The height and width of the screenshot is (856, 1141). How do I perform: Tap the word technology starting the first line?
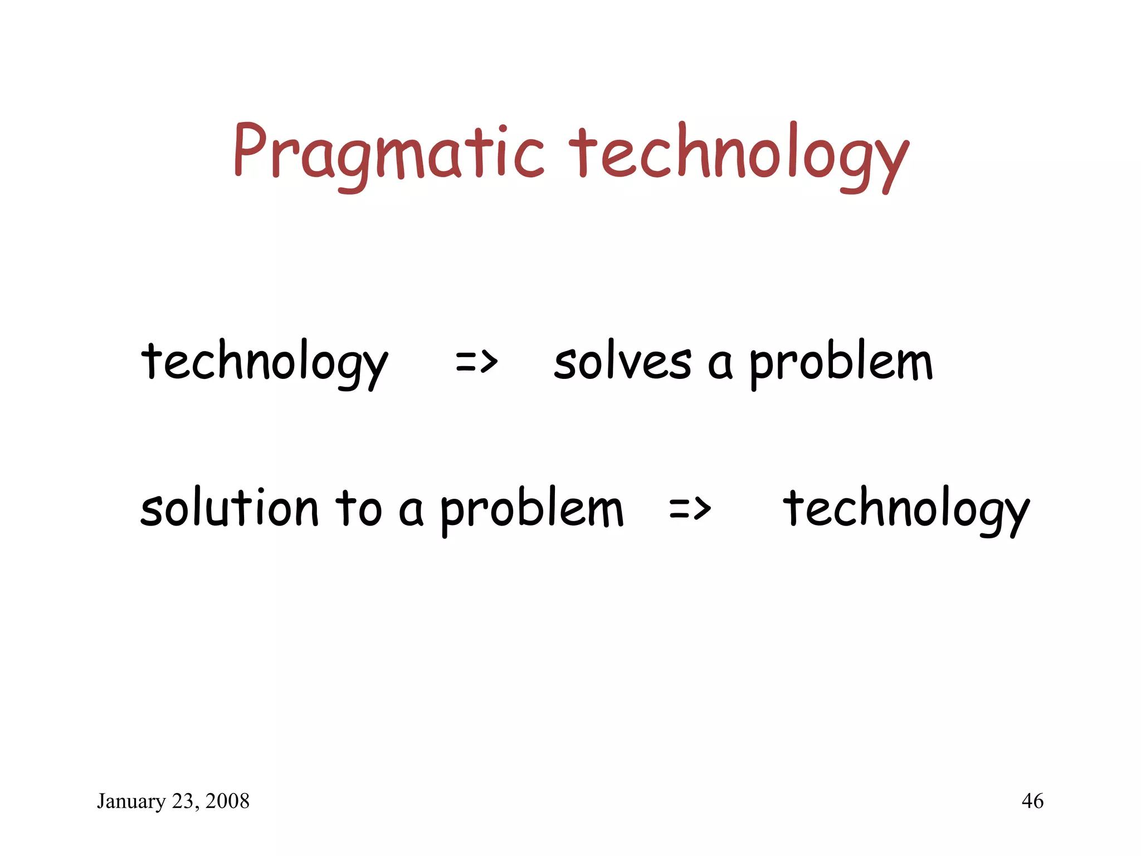pos(264,362)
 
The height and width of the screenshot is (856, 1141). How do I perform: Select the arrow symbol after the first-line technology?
pos(476,362)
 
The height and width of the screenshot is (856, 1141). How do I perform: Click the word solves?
pos(622,362)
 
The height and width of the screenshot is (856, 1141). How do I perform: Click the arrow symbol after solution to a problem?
pos(690,508)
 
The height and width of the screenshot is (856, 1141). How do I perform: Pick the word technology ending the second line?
pos(906,508)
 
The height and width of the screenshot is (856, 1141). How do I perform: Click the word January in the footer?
pos(131,801)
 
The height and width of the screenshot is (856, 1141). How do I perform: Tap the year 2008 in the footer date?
pos(227,801)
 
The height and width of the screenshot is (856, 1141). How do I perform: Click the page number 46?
pos(1032,801)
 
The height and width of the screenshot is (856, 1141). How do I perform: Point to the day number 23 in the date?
pos(182,801)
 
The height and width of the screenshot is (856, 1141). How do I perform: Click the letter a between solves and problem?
pos(720,365)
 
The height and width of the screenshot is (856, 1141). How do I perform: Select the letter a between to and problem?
pos(411,510)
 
